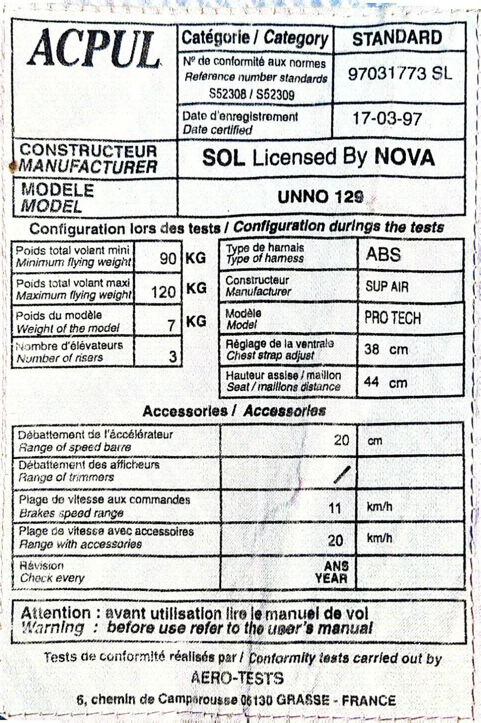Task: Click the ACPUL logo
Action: click(x=94, y=50)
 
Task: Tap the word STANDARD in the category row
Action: click(x=397, y=38)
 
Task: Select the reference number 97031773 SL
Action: click(x=400, y=73)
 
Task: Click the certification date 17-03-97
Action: click(x=387, y=118)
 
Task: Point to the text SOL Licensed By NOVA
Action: click(x=319, y=158)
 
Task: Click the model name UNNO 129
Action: click(x=321, y=196)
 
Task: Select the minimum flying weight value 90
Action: click(x=168, y=259)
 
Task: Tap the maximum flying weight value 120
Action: click(x=163, y=291)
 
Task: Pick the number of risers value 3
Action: click(x=173, y=356)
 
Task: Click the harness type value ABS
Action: click(x=383, y=254)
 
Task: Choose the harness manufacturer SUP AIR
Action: click(x=387, y=287)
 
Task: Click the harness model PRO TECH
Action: click(x=392, y=318)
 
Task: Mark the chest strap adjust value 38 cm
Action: click(x=386, y=349)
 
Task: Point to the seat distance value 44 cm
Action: click(x=386, y=383)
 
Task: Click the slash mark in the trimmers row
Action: click(x=342, y=475)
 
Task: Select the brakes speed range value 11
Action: click(x=334, y=509)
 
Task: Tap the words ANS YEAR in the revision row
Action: click(x=332, y=572)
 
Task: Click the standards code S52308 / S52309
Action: click(x=252, y=94)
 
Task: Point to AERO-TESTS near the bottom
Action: click(x=237, y=678)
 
